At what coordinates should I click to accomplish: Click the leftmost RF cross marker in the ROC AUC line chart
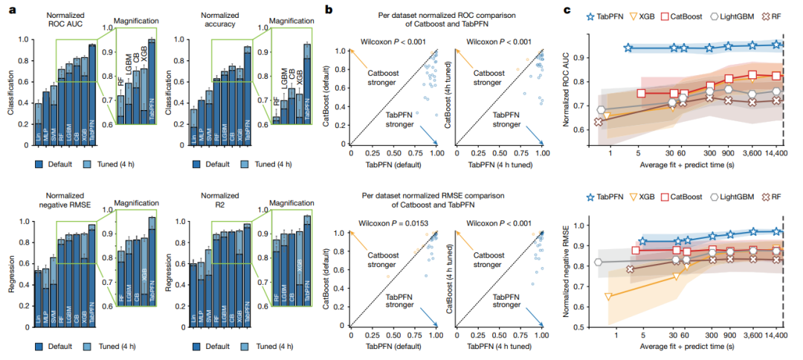598,122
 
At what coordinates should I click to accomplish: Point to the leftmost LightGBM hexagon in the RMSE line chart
599,262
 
